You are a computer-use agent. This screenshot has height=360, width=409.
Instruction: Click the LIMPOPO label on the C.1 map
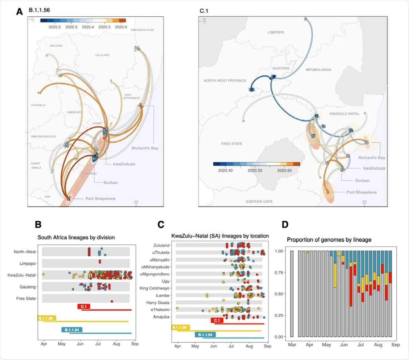tap(276, 32)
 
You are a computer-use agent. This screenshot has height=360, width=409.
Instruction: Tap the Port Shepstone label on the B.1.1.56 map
tap(100, 199)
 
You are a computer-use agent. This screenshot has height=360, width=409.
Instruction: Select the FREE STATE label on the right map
tap(231, 144)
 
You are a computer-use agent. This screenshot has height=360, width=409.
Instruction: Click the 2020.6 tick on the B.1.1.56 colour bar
tap(121, 27)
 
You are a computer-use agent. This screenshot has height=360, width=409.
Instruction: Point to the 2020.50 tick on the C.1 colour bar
tap(255, 170)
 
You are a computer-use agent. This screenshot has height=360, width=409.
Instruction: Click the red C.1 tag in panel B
tap(84, 306)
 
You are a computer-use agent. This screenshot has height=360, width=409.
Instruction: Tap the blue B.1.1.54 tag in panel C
tap(205, 335)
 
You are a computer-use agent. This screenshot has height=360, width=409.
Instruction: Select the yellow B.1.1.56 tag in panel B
tap(46, 318)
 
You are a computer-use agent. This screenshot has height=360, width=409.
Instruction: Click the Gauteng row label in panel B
tap(28, 287)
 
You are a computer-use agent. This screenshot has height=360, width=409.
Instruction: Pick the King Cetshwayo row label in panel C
tap(154, 288)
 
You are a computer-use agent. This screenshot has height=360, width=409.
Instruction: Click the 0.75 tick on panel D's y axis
tap(279, 272)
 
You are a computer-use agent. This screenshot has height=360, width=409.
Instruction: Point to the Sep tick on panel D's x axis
tap(395, 345)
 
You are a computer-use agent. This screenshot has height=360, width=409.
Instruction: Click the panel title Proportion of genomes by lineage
tap(329, 240)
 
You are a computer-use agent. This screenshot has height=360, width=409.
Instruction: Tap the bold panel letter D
tap(285, 225)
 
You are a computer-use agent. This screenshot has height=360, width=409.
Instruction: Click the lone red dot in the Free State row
tap(112, 301)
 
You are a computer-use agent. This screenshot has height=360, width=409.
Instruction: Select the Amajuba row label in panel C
tap(161, 317)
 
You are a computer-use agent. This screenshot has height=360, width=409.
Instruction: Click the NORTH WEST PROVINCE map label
tap(225, 81)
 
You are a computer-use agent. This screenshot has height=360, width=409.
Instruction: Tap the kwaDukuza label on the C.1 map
tap(374, 168)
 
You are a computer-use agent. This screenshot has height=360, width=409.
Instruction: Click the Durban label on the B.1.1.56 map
tap(110, 183)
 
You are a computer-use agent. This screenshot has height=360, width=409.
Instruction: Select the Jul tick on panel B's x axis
tap(98, 344)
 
